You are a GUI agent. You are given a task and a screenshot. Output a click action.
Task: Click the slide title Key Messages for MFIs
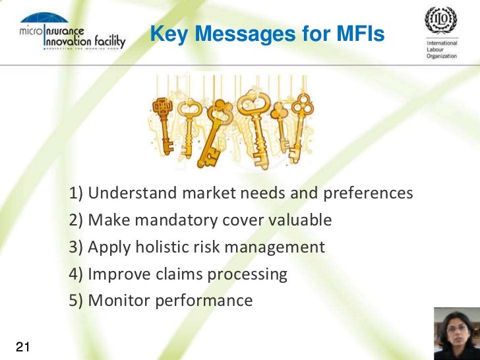(267, 34)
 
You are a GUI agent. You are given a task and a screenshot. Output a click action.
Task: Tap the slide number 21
(24, 347)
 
